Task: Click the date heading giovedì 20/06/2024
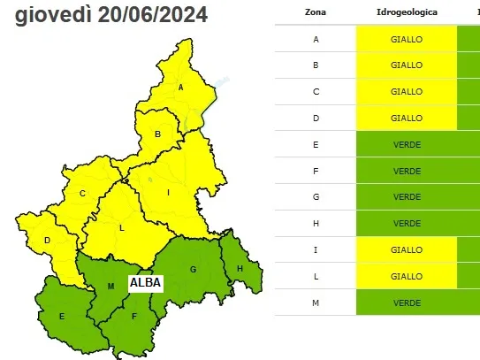click(111, 15)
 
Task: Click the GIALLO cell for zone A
click(407, 40)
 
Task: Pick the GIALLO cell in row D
click(407, 118)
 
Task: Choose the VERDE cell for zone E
click(407, 144)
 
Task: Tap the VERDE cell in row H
click(407, 223)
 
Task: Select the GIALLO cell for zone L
click(407, 276)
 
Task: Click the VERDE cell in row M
click(407, 303)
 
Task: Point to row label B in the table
click(316, 65)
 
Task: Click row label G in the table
click(316, 196)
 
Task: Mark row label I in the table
click(316, 249)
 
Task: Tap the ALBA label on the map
click(145, 284)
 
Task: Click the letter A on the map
click(180, 87)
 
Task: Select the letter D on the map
click(47, 240)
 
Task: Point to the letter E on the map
click(62, 316)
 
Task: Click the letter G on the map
click(192, 269)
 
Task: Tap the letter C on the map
click(81, 193)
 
